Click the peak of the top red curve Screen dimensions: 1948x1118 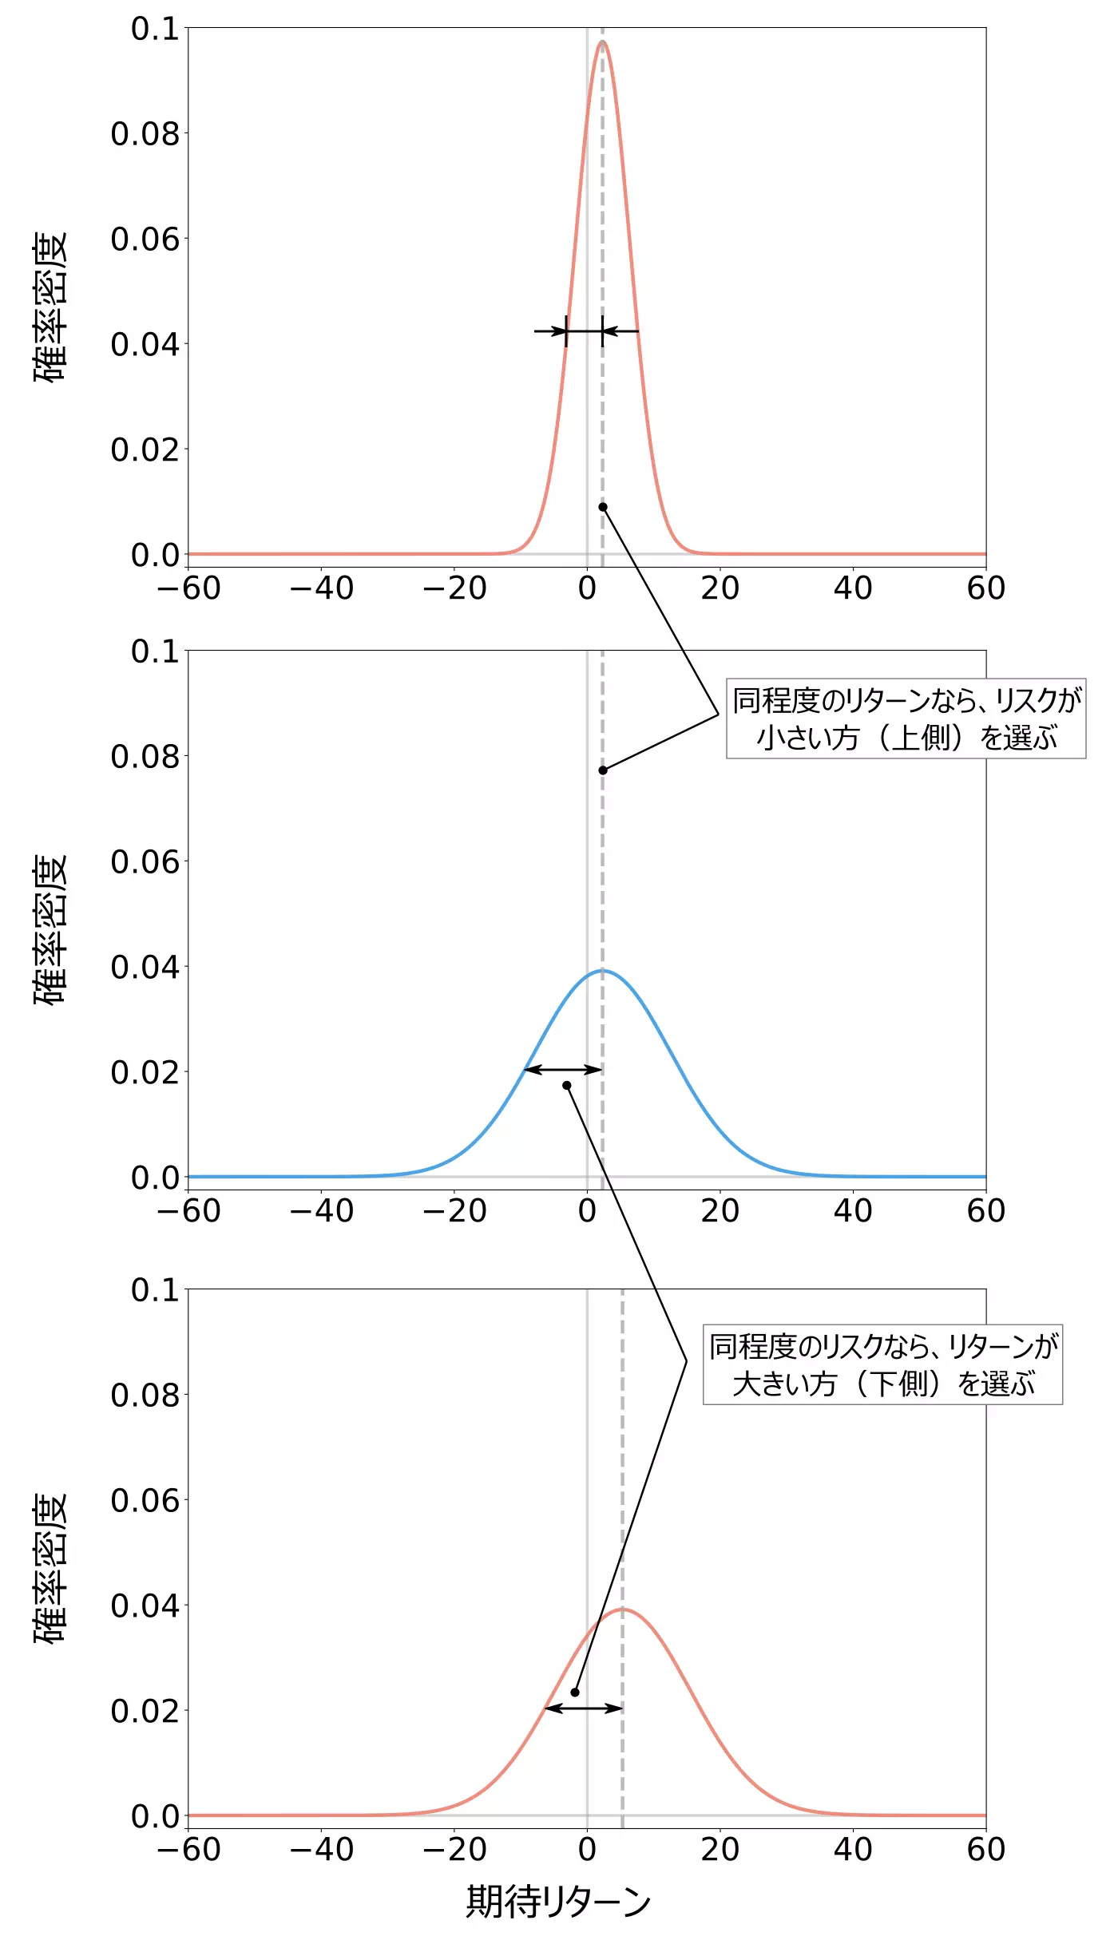[x=602, y=42]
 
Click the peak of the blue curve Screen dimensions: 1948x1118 [x=602, y=970]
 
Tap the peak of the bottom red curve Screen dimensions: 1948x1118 [x=622, y=1609]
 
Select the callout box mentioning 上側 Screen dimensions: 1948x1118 [x=906, y=719]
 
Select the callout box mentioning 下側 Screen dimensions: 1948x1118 [x=882, y=1364]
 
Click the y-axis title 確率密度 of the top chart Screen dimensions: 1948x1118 [x=50, y=307]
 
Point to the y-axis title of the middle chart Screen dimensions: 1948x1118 [x=50, y=930]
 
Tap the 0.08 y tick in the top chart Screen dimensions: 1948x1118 [x=145, y=134]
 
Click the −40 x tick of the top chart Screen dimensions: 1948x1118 [x=321, y=589]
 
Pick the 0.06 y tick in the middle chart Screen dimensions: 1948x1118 [x=145, y=862]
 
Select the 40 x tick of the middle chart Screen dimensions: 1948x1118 [x=853, y=1212]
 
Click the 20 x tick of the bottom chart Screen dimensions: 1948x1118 [x=720, y=1851]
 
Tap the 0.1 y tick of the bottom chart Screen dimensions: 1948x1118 [x=155, y=1290]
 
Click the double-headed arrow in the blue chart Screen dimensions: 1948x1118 [x=563, y=1069]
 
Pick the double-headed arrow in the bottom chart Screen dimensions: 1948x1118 [x=583, y=1708]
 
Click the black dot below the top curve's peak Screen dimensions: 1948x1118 [x=603, y=507]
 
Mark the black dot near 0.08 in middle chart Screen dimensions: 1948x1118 [x=603, y=770]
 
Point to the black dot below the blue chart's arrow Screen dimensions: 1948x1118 [x=566, y=1085]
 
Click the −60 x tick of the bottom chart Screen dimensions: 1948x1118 [x=188, y=1851]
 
